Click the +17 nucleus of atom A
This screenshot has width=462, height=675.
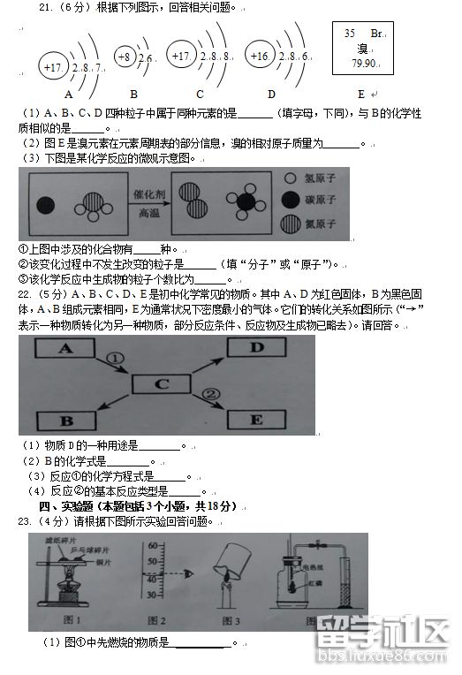point(52,66)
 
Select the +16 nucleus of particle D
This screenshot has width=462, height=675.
point(260,57)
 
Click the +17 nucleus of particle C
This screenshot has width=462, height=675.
point(181,57)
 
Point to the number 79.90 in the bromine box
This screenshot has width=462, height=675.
point(363,64)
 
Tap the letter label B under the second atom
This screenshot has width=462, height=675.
point(133,94)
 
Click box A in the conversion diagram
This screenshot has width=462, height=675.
point(65,349)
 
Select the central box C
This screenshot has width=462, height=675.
point(163,384)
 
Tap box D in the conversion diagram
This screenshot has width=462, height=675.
point(257,348)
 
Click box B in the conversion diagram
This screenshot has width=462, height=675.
point(65,421)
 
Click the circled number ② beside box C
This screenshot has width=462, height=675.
point(209,394)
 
